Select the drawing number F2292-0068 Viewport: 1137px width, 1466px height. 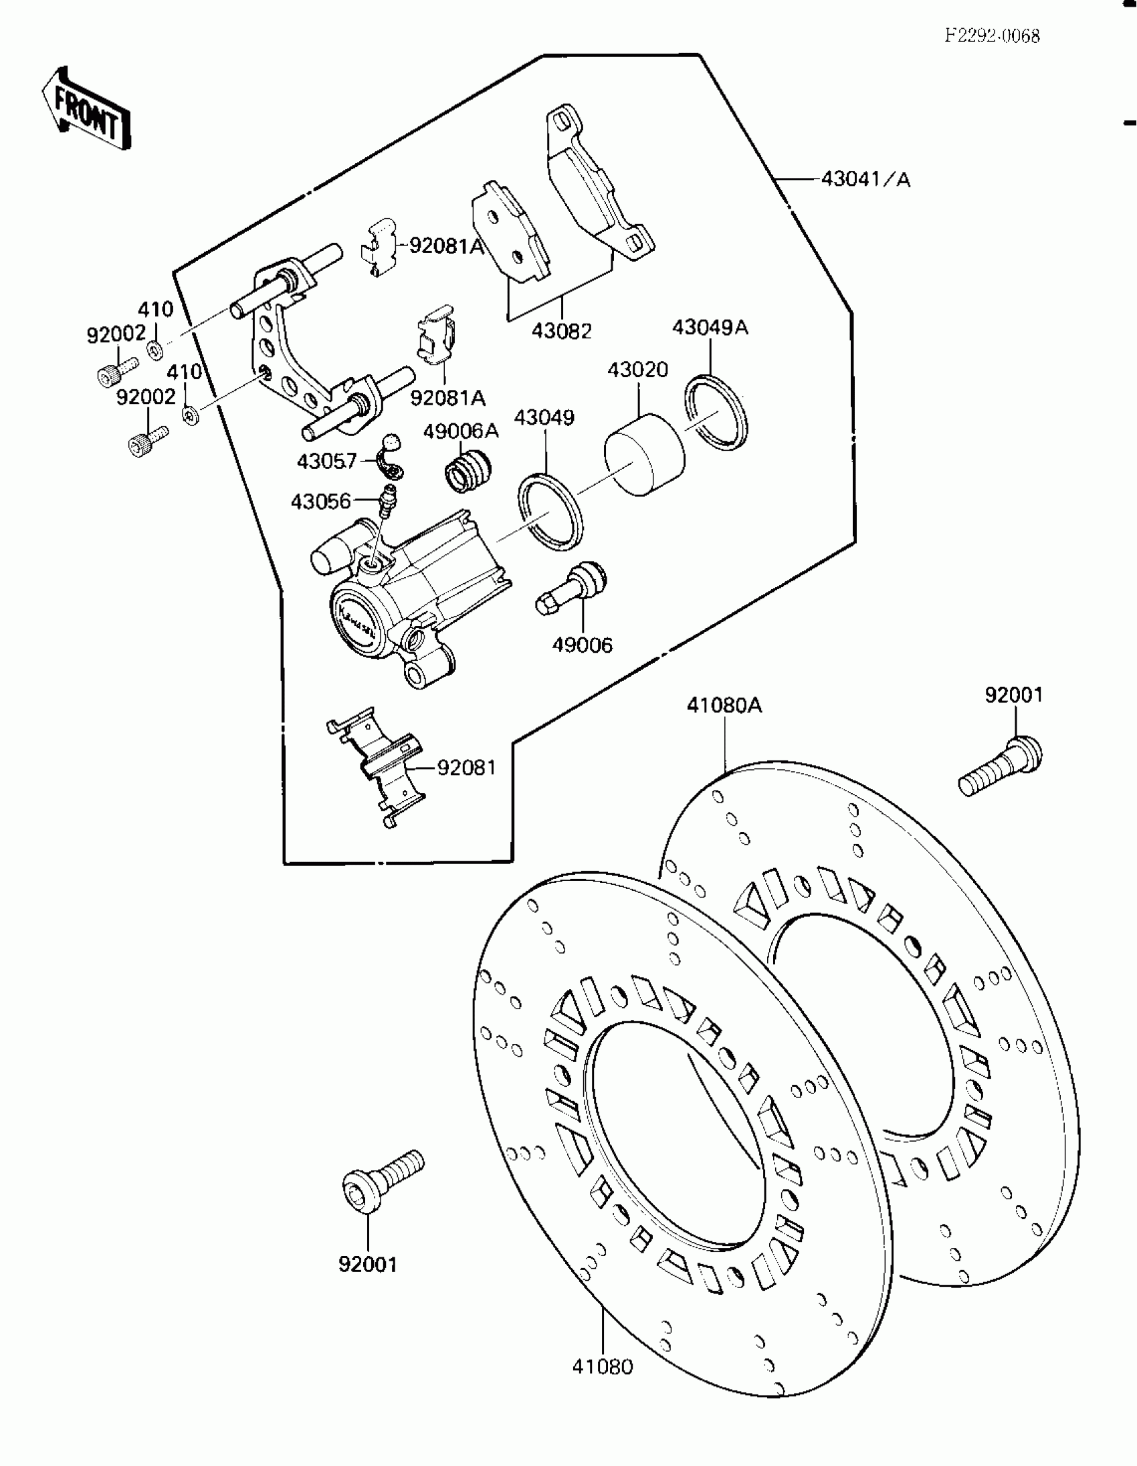992,36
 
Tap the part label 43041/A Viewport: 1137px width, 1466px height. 866,180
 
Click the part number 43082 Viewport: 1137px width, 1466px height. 562,331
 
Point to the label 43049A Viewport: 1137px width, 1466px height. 710,328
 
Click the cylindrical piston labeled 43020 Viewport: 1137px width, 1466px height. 645,455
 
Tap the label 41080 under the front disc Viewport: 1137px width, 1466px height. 602,1366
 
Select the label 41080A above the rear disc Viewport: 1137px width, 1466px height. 724,706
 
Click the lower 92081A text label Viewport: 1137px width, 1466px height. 447,398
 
